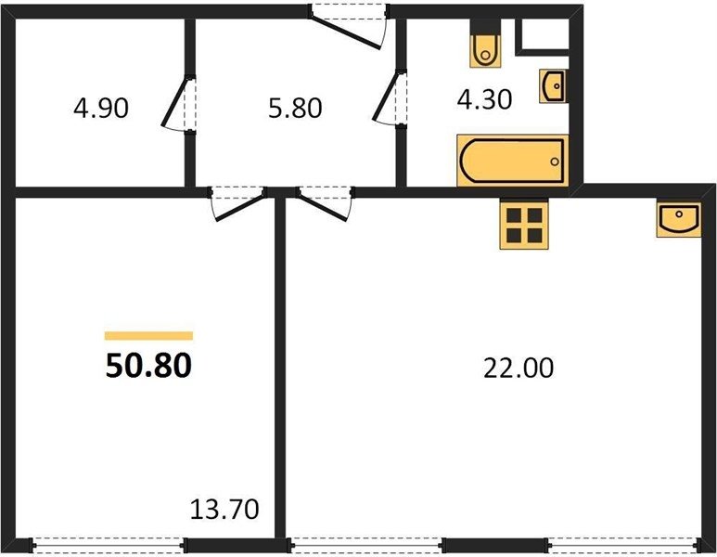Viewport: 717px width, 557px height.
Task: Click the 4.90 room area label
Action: (x=101, y=109)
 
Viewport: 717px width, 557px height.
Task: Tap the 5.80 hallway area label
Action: (x=295, y=109)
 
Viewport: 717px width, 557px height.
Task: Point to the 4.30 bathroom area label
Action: (x=484, y=99)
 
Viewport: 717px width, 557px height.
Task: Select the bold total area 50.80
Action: (x=148, y=366)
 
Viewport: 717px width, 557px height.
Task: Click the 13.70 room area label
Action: (x=224, y=509)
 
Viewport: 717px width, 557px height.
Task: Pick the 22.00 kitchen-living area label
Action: (x=519, y=368)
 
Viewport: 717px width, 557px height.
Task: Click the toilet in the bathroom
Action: (x=485, y=44)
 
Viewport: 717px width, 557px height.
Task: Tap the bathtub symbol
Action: (x=513, y=161)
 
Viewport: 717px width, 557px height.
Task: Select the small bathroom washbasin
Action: (x=554, y=86)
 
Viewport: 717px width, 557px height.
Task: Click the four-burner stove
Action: (x=524, y=225)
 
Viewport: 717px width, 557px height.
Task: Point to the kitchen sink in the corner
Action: (x=679, y=219)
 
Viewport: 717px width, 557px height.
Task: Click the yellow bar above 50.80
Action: (x=148, y=336)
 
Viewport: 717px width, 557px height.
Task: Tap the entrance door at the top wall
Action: (x=349, y=27)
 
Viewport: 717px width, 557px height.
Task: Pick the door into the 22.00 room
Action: (x=326, y=203)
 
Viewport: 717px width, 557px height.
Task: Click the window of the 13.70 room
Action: (x=109, y=545)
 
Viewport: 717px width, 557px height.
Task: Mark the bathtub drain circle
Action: (x=555, y=162)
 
